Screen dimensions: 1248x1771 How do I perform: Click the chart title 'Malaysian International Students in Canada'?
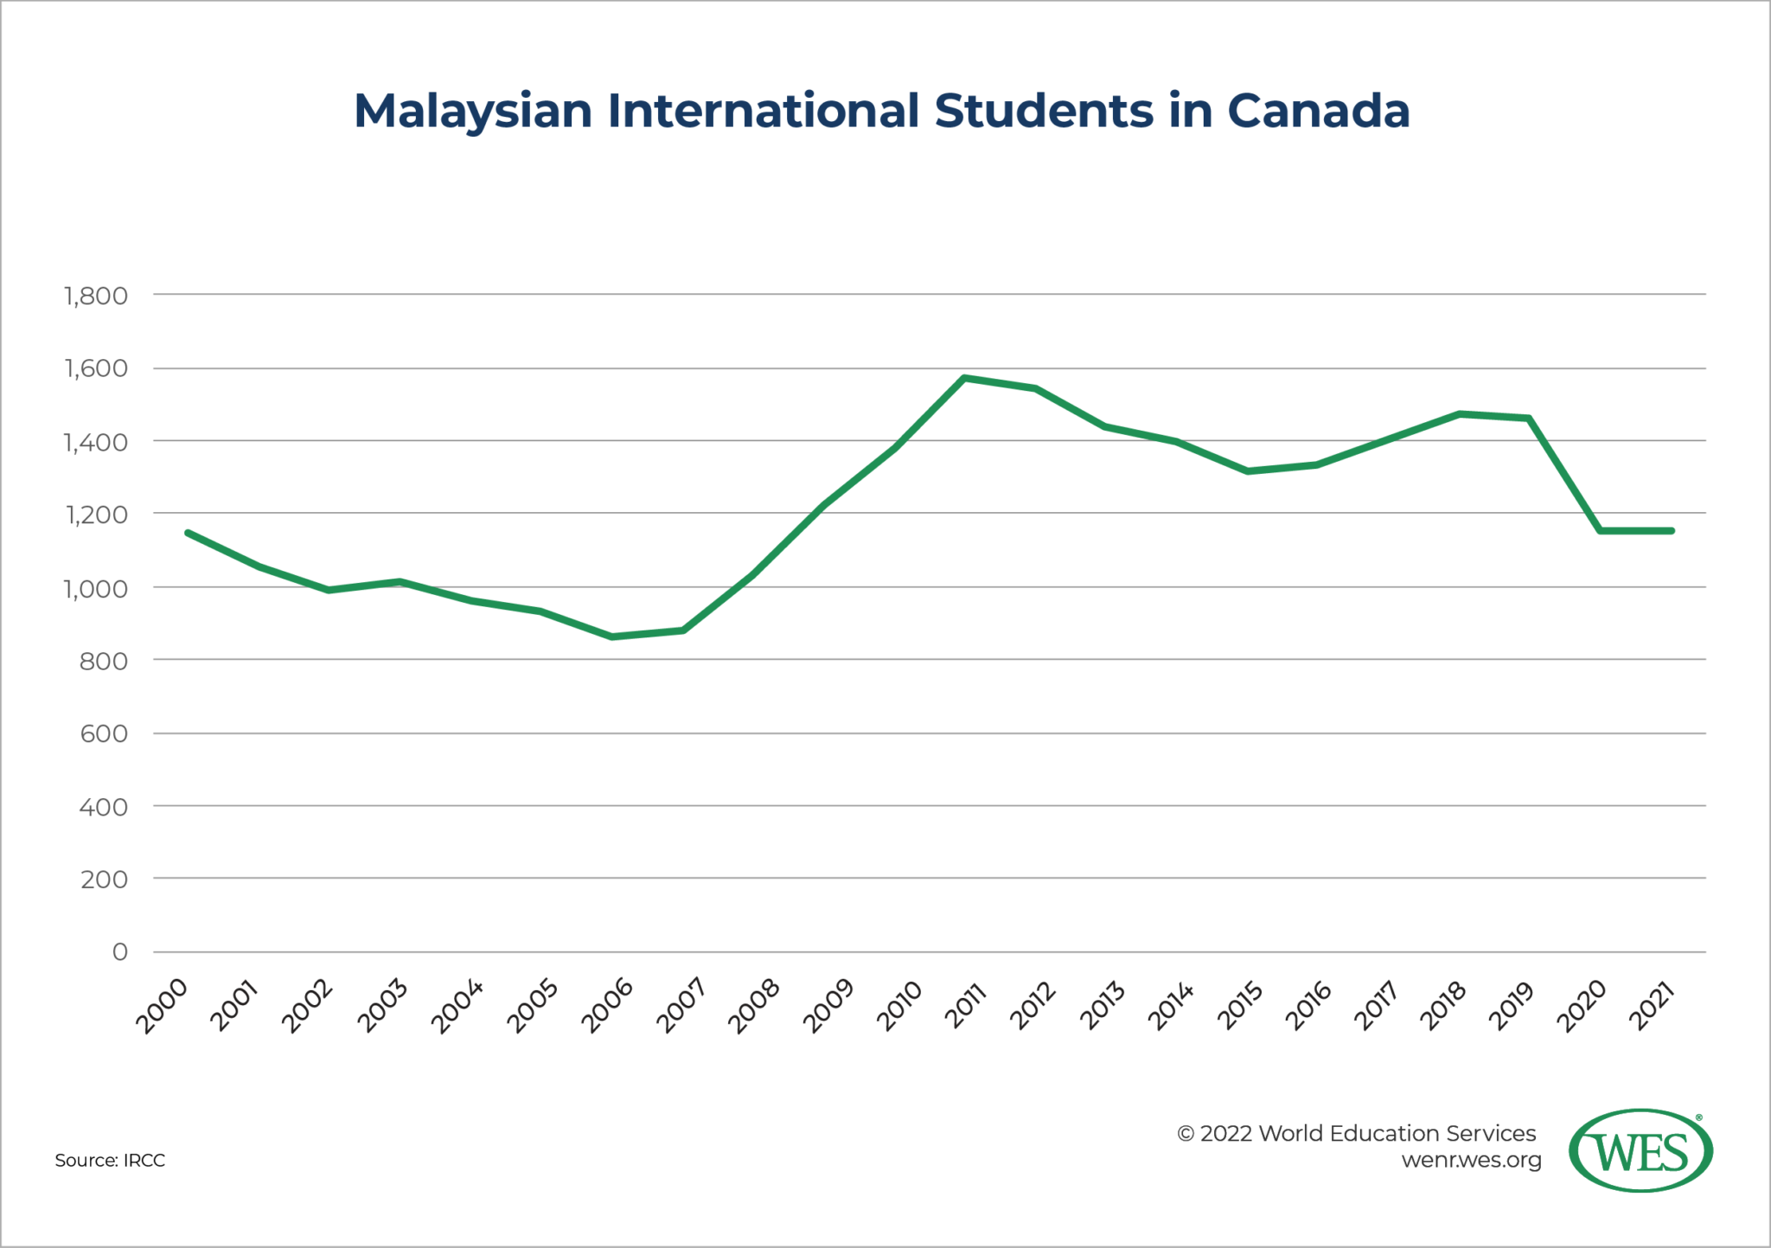(881, 112)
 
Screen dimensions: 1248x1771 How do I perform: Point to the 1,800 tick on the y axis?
(96, 296)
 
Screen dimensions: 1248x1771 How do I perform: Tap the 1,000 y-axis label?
(96, 588)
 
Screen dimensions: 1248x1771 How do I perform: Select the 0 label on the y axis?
(120, 952)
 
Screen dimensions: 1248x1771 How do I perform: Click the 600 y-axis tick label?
(104, 733)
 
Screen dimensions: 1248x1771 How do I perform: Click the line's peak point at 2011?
(964, 378)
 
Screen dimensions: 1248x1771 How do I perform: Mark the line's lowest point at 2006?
(612, 637)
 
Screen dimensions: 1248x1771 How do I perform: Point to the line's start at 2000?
(188, 533)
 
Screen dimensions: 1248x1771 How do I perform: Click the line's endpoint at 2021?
(1672, 531)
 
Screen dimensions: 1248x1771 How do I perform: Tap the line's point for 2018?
(1460, 414)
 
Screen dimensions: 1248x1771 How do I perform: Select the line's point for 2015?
(1247, 471)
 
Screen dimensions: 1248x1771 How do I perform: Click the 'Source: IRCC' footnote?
(110, 1161)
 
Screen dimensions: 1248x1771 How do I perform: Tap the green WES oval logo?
(1640, 1151)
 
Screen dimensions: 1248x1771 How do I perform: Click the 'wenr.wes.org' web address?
(1471, 1160)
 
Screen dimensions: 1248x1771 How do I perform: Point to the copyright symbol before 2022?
(1186, 1134)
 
